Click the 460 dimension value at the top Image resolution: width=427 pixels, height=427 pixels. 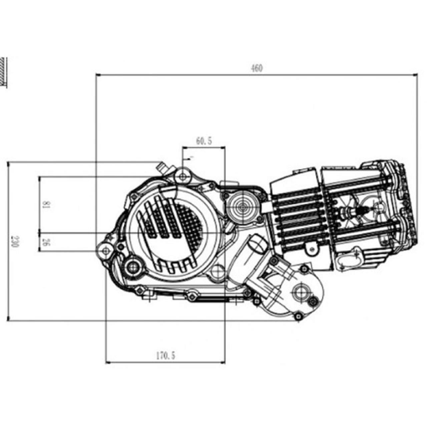257,68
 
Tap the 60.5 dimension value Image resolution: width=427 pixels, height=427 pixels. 203,141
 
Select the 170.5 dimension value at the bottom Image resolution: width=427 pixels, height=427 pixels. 165,356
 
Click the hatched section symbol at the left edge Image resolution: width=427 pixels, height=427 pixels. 3,71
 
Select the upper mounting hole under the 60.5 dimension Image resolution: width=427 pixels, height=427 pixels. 182,177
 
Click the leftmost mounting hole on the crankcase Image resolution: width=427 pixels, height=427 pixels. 106,250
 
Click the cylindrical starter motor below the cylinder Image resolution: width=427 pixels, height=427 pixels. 257,245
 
